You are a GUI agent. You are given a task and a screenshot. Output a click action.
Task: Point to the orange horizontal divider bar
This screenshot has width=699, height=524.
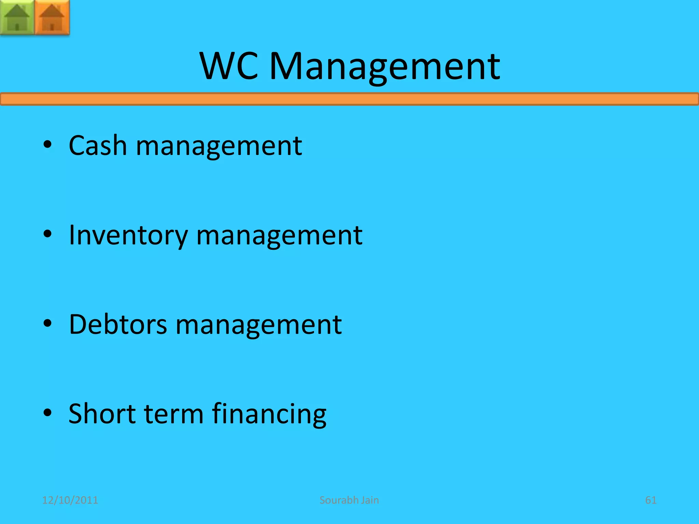tap(349, 99)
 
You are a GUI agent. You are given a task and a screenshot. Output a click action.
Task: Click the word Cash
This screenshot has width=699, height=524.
tap(98, 145)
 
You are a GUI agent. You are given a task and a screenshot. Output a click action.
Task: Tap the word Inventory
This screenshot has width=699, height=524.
tap(128, 235)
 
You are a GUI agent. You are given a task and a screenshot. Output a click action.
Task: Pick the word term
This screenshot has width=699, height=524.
tap(174, 413)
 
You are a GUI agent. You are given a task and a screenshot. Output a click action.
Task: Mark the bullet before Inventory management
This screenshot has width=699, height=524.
tap(47, 234)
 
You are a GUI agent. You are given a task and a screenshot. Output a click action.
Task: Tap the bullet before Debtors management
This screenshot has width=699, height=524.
tap(47, 323)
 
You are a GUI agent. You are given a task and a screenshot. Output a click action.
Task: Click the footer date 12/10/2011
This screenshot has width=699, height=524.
tap(70, 500)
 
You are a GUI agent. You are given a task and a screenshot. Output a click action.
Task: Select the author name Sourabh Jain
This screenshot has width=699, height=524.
tap(349, 500)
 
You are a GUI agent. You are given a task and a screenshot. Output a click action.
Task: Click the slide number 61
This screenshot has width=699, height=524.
tap(651, 500)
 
